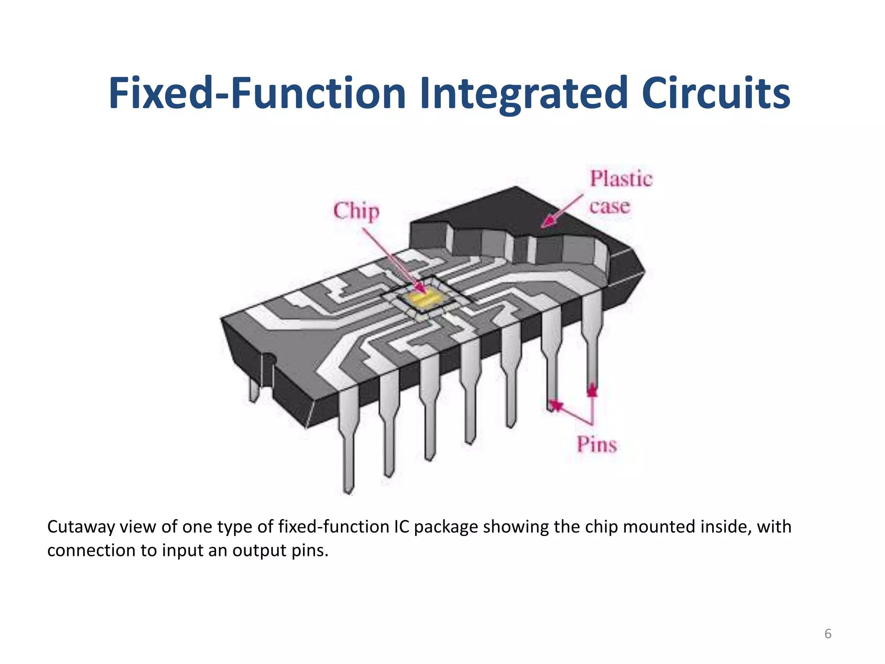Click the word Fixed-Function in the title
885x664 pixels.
(x=257, y=93)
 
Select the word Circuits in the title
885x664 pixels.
(x=716, y=93)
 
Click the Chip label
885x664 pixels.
(x=356, y=211)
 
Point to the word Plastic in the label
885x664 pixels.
(x=621, y=179)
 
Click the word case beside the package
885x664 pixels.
(x=609, y=206)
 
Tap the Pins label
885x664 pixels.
(x=597, y=444)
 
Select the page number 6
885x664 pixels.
(x=828, y=634)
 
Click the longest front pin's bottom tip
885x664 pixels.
(x=348, y=491)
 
